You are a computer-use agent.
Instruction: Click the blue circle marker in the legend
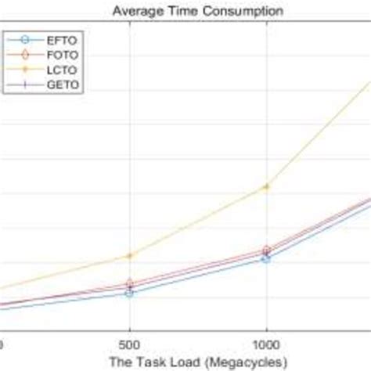click(25, 39)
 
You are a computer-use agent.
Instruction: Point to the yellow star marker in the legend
click(25, 70)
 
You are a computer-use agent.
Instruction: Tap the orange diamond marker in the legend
click(25, 55)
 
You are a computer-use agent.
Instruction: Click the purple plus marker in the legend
click(25, 85)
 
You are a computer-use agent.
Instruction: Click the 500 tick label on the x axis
click(129, 344)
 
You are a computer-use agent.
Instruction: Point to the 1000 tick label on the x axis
click(266, 344)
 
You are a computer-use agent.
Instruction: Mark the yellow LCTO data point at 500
click(129, 256)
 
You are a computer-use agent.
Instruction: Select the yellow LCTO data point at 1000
click(266, 186)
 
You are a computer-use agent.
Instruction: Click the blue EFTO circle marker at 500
click(129, 293)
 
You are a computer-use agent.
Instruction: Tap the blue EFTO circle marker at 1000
click(266, 258)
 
